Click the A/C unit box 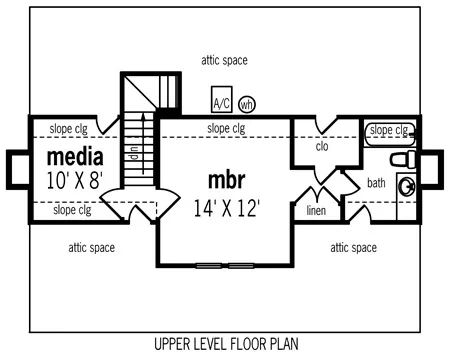(x=222, y=99)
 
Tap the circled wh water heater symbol (x=247, y=105)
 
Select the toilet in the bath (x=403, y=159)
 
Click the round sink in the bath (x=407, y=186)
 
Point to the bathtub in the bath (x=390, y=134)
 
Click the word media (x=75, y=157)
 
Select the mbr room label (x=226, y=180)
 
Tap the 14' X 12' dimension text (x=227, y=208)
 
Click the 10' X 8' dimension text (x=74, y=181)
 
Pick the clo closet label (x=322, y=146)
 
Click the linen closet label (x=316, y=210)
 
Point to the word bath (x=376, y=183)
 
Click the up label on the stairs (x=134, y=153)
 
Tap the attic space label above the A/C (x=224, y=60)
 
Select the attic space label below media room (x=92, y=248)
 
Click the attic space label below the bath (x=354, y=248)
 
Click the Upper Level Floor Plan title (x=226, y=344)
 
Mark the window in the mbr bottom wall (x=225, y=266)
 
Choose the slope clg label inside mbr (x=226, y=128)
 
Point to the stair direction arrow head (x=144, y=116)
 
